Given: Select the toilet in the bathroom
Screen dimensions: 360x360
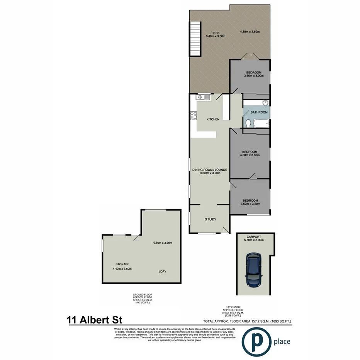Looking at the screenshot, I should click(248, 123).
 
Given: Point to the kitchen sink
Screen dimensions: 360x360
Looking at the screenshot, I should click(204, 97).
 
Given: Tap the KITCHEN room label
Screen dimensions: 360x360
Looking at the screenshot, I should click(213, 119).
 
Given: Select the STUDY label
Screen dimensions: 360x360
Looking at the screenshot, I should click(210, 219).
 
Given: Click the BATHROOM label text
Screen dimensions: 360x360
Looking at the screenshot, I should click(259, 112).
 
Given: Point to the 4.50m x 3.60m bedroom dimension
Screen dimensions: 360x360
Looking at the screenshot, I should click(250, 155).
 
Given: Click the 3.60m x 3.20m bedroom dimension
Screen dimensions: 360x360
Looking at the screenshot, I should click(250, 204).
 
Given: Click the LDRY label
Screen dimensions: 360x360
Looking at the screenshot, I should click(163, 272).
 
